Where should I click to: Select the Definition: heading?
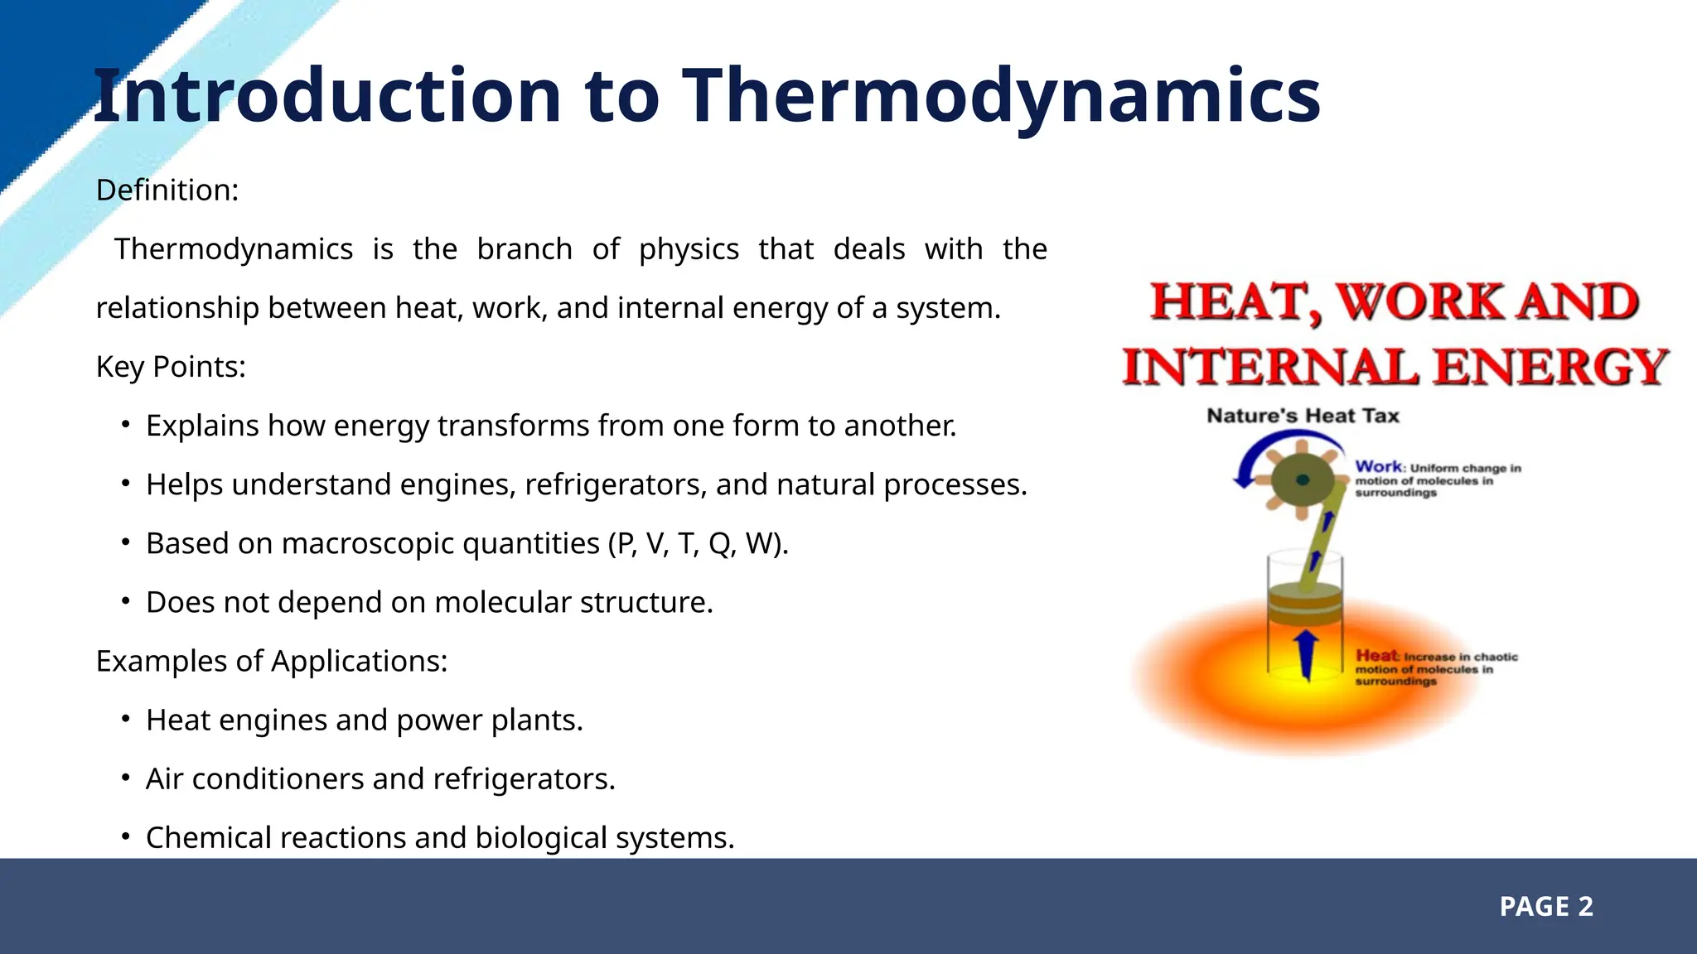click(167, 190)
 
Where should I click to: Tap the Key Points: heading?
click(171, 367)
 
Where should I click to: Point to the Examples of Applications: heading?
click(272, 661)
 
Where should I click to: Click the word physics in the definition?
click(689, 249)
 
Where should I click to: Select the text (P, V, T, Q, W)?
click(699, 544)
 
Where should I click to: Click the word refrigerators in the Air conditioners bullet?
click(524, 779)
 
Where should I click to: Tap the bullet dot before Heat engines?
click(125, 719)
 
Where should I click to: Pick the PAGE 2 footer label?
click(1546, 907)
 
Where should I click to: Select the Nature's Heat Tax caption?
click(1303, 416)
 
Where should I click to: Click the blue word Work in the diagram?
click(1378, 467)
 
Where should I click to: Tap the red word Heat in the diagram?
click(1376, 656)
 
